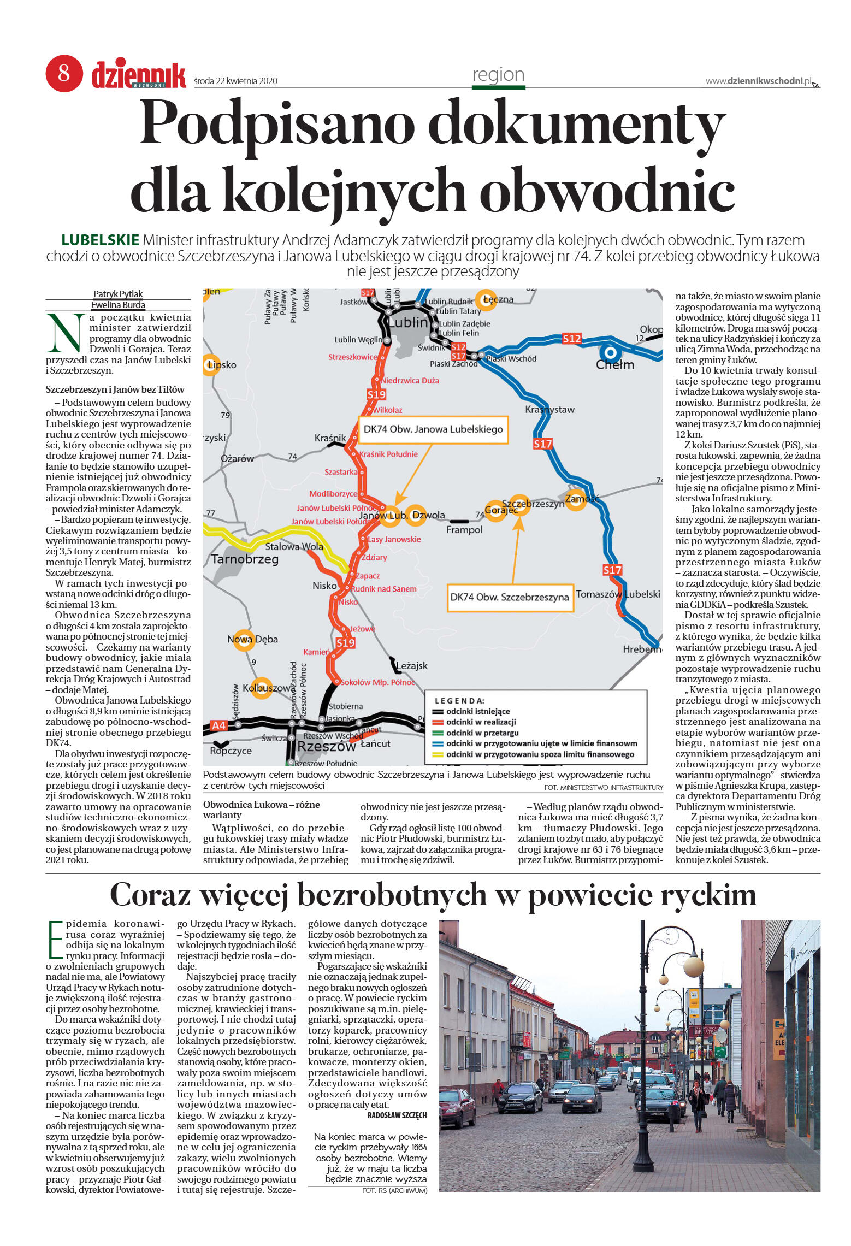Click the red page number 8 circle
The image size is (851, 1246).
point(64,73)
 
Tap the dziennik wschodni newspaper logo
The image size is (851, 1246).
point(138,75)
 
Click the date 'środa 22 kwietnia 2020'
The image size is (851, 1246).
point(235,81)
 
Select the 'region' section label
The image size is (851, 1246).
point(498,74)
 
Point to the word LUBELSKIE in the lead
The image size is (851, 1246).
point(100,240)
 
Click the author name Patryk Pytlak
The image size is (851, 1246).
point(118,294)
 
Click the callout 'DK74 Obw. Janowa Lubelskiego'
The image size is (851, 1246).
point(433,429)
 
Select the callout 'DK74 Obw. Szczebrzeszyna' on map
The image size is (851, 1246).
point(509,597)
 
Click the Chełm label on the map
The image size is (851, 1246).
point(615,364)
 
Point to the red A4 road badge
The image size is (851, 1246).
point(218,725)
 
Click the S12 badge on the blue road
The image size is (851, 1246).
point(572,339)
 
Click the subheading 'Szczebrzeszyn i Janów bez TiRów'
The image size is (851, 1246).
point(115,389)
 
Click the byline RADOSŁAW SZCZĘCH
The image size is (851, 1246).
point(397,1115)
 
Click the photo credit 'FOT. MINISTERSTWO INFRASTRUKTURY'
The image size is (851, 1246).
point(603,787)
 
